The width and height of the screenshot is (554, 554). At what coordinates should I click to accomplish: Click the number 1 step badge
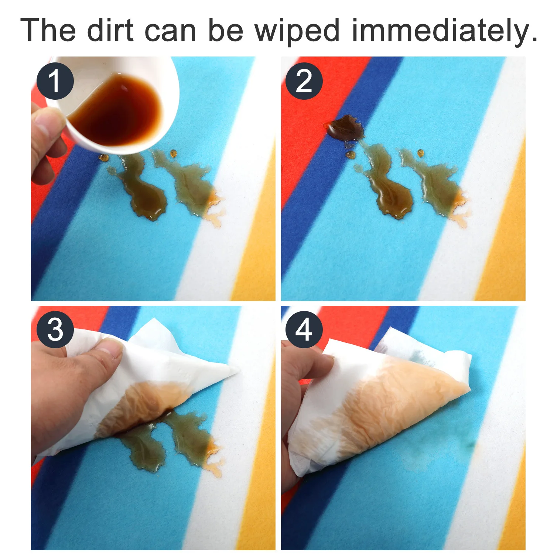pyautogui.click(x=55, y=81)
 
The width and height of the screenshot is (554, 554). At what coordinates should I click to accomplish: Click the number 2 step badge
pyautogui.click(x=304, y=81)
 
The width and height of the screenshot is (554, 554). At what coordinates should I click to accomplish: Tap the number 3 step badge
pyautogui.click(x=55, y=329)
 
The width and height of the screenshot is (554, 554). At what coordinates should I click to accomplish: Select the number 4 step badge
pyautogui.click(x=304, y=329)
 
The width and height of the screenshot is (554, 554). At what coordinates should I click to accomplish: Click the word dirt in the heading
pyautogui.click(x=110, y=30)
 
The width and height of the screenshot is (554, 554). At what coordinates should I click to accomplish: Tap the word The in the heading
pyautogui.click(x=48, y=30)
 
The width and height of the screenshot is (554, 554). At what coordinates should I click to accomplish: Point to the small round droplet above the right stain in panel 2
pyautogui.click(x=420, y=152)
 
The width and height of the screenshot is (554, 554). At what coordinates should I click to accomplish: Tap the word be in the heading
pyautogui.click(x=226, y=30)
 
